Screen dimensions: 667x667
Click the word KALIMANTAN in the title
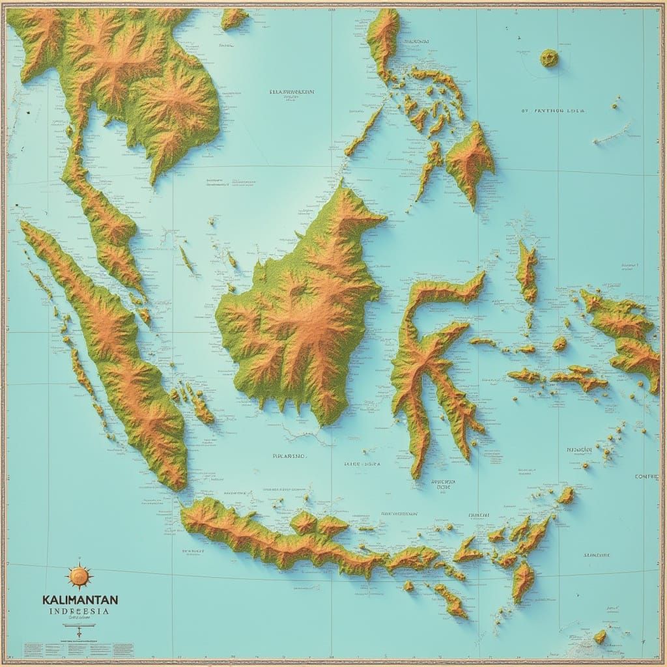(79, 599)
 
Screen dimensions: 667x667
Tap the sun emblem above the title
(79, 576)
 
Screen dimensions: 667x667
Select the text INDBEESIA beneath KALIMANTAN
(79, 612)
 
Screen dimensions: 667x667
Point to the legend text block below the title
(78, 649)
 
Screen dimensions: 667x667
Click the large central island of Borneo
(300, 313)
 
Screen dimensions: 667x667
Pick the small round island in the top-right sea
(549, 58)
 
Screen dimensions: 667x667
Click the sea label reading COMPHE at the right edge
(646, 477)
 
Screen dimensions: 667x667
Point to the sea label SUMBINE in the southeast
(596, 555)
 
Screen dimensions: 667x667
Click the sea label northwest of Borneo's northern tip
(292, 92)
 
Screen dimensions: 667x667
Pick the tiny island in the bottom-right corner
(600, 636)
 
